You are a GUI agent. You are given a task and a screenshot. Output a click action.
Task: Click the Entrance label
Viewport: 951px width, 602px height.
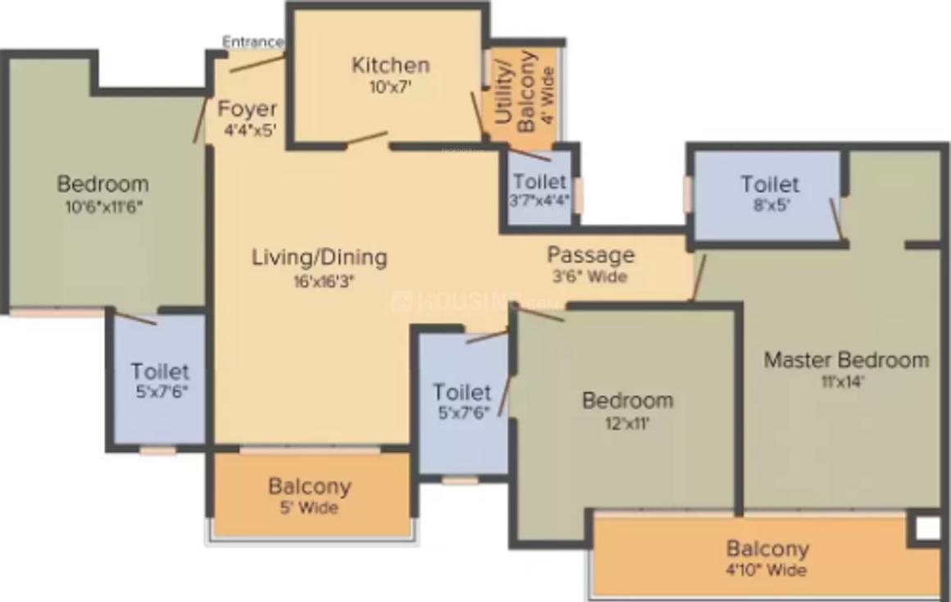pyautogui.click(x=253, y=42)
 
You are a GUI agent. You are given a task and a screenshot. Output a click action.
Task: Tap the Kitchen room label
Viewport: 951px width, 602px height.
pyautogui.click(x=390, y=65)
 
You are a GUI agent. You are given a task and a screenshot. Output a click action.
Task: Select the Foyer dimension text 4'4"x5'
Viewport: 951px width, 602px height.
pyautogui.click(x=248, y=130)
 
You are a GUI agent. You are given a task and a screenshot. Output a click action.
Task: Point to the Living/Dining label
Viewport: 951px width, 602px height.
pyautogui.click(x=319, y=257)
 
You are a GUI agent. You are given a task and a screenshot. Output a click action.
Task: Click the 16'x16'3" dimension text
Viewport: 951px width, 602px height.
pyautogui.click(x=319, y=279)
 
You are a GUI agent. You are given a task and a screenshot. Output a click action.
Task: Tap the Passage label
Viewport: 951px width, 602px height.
pyautogui.click(x=590, y=254)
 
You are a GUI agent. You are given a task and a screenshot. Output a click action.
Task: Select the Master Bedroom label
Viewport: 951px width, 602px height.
pyautogui.click(x=846, y=359)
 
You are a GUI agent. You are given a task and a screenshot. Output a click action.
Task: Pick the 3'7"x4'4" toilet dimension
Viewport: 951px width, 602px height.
pyautogui.click(x=539, y=200)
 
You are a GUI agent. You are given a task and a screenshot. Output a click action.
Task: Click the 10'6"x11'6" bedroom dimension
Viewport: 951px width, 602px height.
pyautogui.click(x=104, y=206)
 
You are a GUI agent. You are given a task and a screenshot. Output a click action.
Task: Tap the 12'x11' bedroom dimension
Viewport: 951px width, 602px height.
pyautogui.click(x=627, y=423)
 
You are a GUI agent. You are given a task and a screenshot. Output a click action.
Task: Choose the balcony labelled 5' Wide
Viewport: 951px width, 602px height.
pyautogui.click(x=309, y=508)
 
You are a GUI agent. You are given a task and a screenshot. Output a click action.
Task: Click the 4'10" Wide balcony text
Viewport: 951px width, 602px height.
pyautogui.click(x=767, y=570)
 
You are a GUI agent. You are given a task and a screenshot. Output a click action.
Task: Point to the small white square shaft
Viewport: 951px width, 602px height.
pyautogui.click(x=927, y=528)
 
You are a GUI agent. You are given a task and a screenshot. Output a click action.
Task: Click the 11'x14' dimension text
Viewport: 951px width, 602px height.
pyautogui.click(x=845, y=381)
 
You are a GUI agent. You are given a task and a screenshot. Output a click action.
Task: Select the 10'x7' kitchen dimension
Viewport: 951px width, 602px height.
pyautogui.click(x=389, y=86)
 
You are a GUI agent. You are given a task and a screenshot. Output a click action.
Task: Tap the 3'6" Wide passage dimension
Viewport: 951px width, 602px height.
pyautogui.click(x=590, y=276)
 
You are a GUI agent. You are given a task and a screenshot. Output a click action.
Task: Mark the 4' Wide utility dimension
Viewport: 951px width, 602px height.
pyautogui.click(x=548, y=90)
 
